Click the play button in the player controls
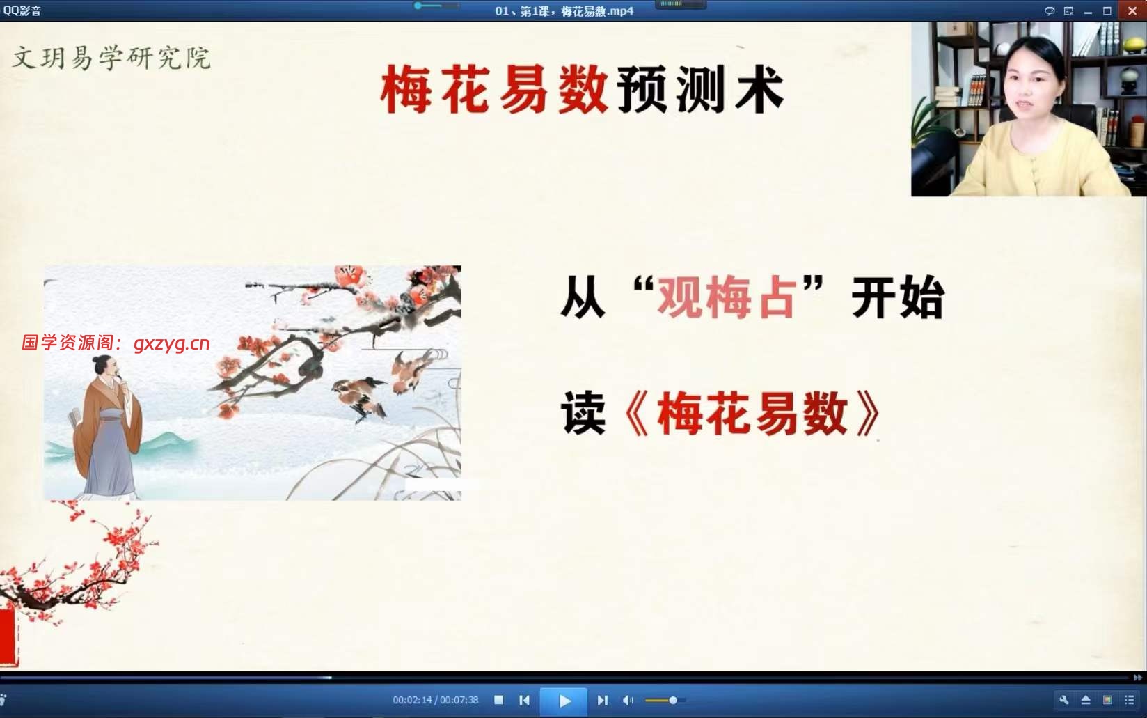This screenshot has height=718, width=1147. tap(564, 701)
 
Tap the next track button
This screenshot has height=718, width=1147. tap(602, 700)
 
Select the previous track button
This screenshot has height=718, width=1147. tap(524, 700)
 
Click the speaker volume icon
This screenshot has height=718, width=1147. tap(628, 700)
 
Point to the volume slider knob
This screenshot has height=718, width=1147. tap(673, 700)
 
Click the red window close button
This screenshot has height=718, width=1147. tap(1132, 10)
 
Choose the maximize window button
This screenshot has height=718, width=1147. tap(1107, 10)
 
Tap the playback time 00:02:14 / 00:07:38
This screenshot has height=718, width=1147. tap(435, 700)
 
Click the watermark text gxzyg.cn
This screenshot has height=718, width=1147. tap(171, 343)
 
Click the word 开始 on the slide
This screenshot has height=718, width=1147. tap(898, 298)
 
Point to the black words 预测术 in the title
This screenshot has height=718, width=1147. tap(700, 91)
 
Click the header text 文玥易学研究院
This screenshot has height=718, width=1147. tap(111, 57)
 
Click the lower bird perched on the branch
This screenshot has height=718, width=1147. tap(358, 395)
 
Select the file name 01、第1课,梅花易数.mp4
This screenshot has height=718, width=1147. tap(564, 10)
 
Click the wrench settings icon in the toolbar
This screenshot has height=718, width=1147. tap(1064, 700)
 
